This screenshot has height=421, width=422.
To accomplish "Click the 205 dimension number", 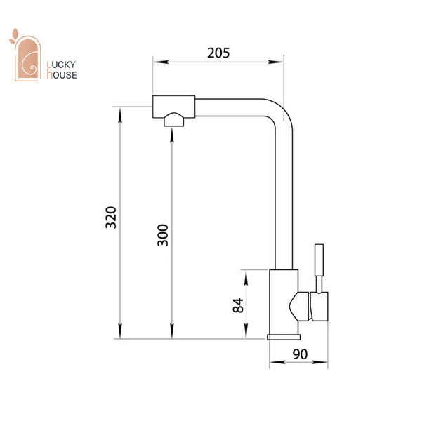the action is point(218,53).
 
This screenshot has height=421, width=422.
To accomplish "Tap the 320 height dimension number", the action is point(111,218).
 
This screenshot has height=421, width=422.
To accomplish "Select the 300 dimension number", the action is point(163,235).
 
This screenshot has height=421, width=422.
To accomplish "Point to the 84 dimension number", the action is point(238,305).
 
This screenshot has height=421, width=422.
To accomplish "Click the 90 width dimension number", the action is point(300,354).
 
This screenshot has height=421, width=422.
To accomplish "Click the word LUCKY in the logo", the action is point(61,65).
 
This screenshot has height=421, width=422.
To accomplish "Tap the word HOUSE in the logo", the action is point(62,74).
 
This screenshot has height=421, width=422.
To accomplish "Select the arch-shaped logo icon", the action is point(27,58).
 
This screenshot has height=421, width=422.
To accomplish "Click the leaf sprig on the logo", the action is point(14,36).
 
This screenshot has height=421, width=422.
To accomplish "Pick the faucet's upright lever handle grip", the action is point(319,260).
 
